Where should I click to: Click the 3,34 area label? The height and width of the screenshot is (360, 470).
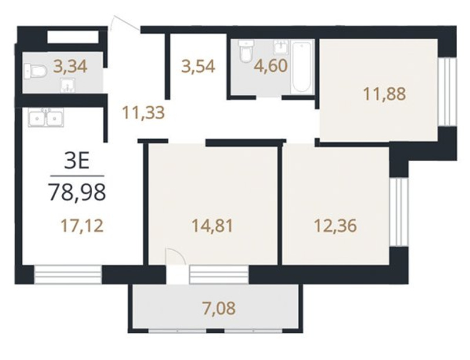coord(70,66)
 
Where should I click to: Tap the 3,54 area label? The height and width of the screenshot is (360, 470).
coord(198,66)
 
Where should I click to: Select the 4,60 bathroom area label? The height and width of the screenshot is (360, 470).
coord(271,66)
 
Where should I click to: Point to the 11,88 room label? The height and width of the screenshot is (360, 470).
coord(385,93)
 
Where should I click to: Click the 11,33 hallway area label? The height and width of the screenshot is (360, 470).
coord(143,113)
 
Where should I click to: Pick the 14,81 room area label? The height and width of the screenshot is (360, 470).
coord(212,226)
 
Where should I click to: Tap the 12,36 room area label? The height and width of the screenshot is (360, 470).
coord(335,226)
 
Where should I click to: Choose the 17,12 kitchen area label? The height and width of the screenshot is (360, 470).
coord(82,226)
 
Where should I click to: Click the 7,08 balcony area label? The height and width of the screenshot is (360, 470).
coord(218,308)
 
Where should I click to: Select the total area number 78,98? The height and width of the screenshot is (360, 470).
coord(78,192)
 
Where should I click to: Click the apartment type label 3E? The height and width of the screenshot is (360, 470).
coord(77,162)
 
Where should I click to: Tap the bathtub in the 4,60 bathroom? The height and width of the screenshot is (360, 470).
coord(301,67)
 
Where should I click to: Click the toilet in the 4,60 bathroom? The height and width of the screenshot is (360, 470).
coord(246,51)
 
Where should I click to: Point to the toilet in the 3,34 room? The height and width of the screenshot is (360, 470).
coord(35,72)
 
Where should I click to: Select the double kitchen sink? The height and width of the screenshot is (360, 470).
coord(46,117)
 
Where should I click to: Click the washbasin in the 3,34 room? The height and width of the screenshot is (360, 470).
coord(68,85)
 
